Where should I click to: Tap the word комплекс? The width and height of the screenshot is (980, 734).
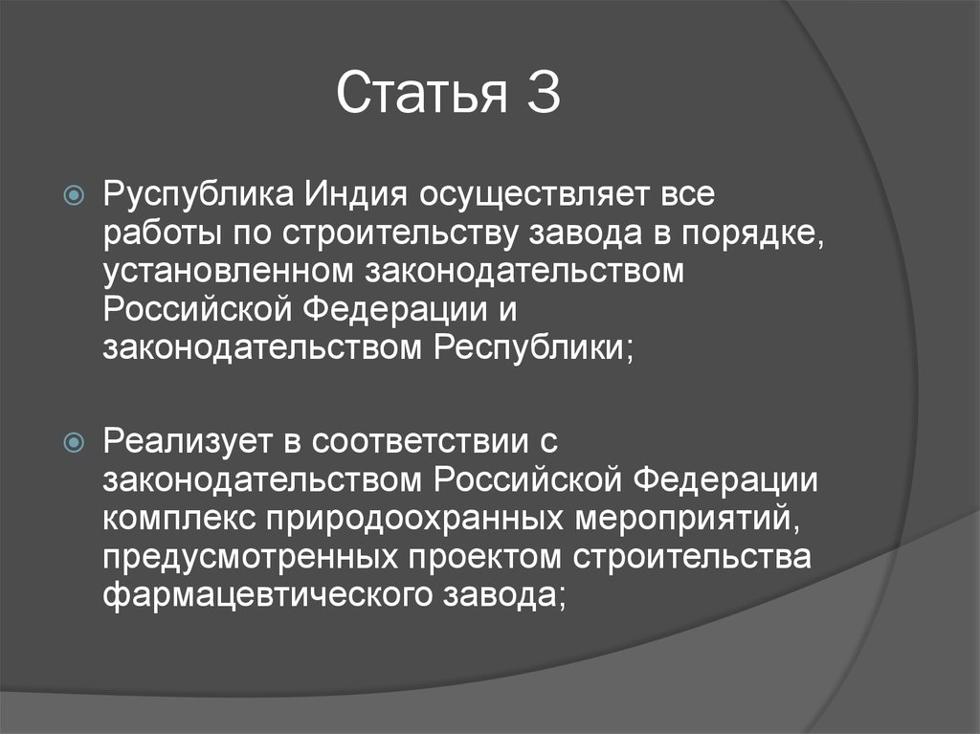click(x=175, y=518)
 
